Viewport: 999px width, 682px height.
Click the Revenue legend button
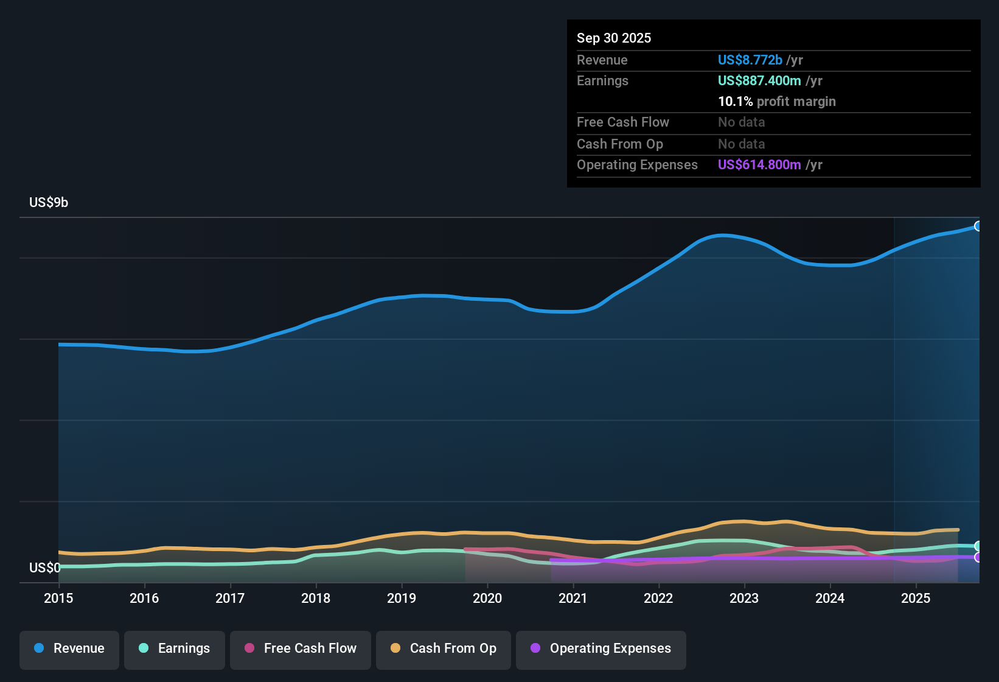[x=69, y=649]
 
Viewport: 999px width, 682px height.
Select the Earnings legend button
[x=175, y=649]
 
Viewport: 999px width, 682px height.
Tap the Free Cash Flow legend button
[x=301, y=649]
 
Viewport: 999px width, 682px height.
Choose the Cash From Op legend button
[x=444, y=649]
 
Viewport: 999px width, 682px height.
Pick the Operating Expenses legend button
[x=601, y=649]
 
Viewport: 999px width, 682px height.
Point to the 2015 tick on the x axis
[x=58, y=598]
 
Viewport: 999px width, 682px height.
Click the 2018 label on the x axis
[x=316, y=598]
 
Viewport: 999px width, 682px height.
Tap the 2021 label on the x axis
[x=573, y=598]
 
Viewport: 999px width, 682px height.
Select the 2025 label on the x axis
[x=916, y=598]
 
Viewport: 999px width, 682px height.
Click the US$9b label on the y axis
[x=49, y=202]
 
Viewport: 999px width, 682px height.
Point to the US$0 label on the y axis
[x=45, y=568]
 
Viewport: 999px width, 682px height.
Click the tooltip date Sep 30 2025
[x=614, y=38]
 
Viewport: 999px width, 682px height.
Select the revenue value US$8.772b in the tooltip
[x=750, y=60]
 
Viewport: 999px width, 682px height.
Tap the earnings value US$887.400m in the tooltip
[x=759, y=80]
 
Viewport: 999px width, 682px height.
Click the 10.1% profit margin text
[x=777, y=101]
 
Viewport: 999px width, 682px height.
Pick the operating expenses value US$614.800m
[x=759, y=164]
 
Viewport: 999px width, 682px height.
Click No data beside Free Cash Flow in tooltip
[x=741, y=122]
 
